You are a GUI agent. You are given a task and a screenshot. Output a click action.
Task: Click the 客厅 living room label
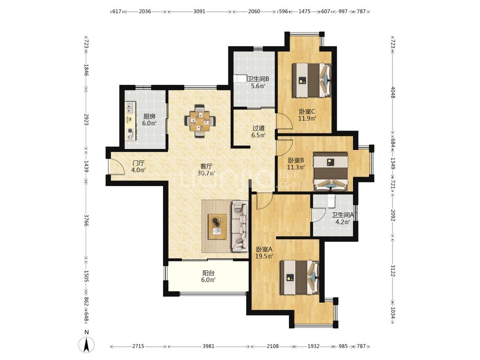tap(206, 166)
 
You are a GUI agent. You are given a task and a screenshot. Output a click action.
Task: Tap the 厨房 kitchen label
tap(149, 116)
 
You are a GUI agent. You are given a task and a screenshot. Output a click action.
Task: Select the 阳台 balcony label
tap(208, 273)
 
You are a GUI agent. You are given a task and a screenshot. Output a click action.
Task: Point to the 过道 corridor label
tap(259, 128)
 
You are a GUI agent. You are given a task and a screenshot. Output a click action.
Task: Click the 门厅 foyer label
tap(138, 163)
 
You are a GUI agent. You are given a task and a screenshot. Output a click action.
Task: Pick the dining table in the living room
tap(200, 121)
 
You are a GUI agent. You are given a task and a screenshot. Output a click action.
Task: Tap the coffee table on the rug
tap(217, 226)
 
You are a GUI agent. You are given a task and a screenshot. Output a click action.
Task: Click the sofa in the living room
tap(240, 226)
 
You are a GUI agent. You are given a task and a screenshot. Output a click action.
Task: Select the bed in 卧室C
tap(311, 80)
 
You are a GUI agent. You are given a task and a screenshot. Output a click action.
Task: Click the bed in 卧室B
tap(331, 172)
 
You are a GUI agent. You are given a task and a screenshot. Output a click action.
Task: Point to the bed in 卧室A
tap(300, 278)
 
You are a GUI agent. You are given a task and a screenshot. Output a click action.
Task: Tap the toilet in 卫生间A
tap(332, 201)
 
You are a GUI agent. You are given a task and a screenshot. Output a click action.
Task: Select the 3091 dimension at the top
tap(199, 12)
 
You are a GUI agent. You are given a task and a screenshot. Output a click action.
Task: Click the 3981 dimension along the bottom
tap(209, 346)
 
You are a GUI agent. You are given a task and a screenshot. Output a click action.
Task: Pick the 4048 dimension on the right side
tap(393, 93)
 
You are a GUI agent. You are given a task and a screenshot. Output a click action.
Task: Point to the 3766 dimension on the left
tap(86, 221)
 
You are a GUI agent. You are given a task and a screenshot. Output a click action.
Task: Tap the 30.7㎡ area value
tap(206, 173)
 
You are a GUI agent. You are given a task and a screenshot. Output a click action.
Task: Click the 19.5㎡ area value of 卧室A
tap(264, 256)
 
